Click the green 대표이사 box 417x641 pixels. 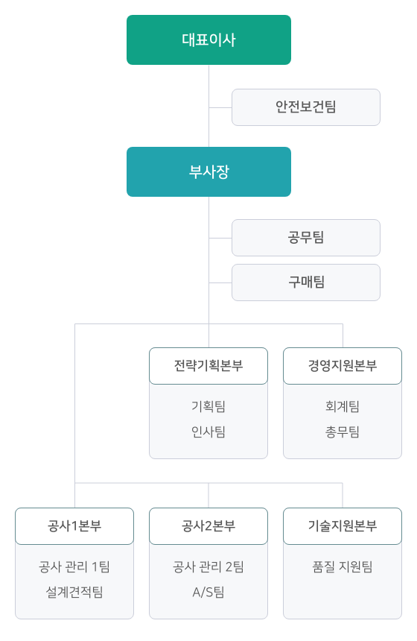click(x=208, y=40)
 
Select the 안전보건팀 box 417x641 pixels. click(x=306, y=107)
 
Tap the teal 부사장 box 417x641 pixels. click(x=208, y=171)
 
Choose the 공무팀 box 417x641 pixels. click(x=306, y=238)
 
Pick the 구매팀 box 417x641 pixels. click(x=306, y=282)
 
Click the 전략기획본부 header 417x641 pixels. click(x=208, y=366)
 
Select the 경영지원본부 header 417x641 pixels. click(x=343, y=366)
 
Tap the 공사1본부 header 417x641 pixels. click(x=74, y=526)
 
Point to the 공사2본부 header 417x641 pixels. click(x=208, y=526)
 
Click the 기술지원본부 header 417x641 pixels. click(x=343, y=526)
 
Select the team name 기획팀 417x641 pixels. click(x=208, y=406)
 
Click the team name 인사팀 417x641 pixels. click(x=208, y=432)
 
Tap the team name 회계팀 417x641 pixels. click(x=343, y=406)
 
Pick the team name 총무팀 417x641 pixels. click(x=343, y=432)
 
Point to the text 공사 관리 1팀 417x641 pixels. click(x=74, y=566)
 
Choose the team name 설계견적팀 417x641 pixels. click(x=74, y=592)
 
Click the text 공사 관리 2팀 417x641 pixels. click(x=208, y=566)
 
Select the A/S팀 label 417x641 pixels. click(x=208, y=592)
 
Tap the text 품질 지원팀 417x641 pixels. click(x=343, y=566)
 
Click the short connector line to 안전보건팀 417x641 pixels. click(x=220, y=108)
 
